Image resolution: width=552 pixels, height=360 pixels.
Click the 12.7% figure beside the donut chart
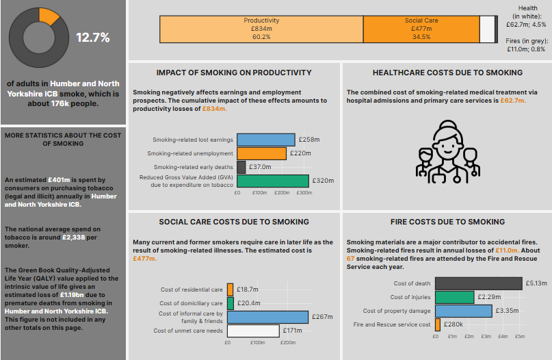tap(92, 38)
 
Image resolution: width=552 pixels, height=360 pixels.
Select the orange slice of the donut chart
tap(49, 14)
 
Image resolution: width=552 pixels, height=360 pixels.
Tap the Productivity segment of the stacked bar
tap(261, 29)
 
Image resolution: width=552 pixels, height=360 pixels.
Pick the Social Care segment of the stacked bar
tap(421, 29)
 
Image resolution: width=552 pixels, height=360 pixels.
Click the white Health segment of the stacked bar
tap(487, 29)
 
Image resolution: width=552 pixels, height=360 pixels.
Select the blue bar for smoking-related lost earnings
tap(266, 139)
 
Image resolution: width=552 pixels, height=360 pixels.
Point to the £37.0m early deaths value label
tap(260, 166)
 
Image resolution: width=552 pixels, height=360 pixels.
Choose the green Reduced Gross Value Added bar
tap(273, 181)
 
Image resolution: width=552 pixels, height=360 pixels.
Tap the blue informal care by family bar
tap(267, 317)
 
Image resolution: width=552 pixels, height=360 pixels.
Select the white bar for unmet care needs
tap(253, 331)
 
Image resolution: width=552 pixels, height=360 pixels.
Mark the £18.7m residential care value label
tap(248, 290)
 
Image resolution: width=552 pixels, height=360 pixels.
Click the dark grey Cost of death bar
tap(478, 283)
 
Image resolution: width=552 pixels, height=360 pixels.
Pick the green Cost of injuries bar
tap(454, 297)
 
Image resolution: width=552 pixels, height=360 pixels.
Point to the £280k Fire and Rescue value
tap(453, 324)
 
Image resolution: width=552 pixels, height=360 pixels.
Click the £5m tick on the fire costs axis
tap(519, 336)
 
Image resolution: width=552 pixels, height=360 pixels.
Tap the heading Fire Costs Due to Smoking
tap(447, 222)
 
